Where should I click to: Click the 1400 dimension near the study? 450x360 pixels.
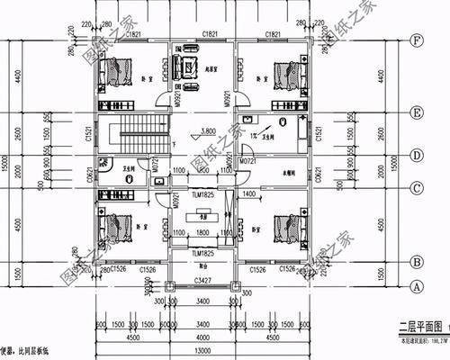pos(248,193)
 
